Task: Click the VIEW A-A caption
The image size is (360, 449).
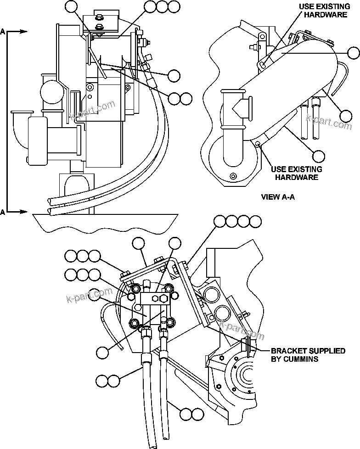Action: pos(277,197)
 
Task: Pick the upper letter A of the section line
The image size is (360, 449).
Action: pos(3,32)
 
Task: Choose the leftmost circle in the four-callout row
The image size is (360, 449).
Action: pos(220,222)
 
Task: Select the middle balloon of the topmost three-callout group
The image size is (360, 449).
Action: pos(162,6)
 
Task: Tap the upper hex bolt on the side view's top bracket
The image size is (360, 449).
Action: pos(99,19)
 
